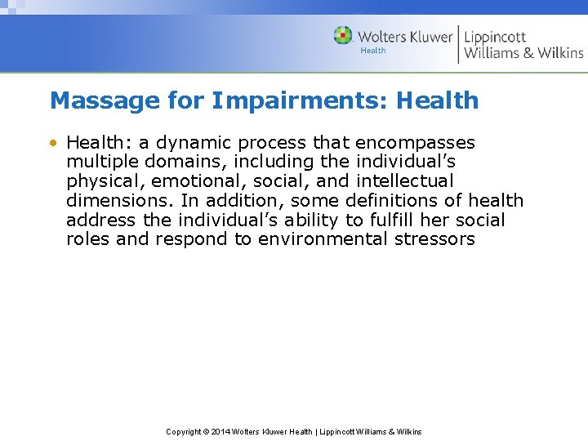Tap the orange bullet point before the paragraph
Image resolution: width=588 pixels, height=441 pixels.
point(53,143)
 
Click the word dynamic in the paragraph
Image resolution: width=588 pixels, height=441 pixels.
point(192,142)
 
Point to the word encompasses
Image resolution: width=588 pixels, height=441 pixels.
point(415,142)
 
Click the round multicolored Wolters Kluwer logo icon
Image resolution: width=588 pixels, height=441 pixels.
point(344,36)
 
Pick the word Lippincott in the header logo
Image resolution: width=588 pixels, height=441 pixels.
point(495,37)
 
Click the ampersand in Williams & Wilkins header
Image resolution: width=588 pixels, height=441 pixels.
point(529,53)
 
